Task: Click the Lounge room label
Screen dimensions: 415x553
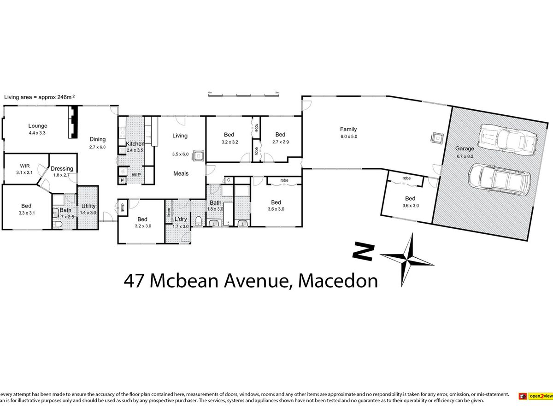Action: [x=38, y=125]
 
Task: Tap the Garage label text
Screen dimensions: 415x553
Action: [x=464, y=148]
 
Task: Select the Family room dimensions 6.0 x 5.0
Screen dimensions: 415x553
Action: [x=348, y=136]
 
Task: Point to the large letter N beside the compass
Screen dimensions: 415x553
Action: [x=363, y=252]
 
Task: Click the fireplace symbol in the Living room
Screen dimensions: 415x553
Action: [x=198, y=155]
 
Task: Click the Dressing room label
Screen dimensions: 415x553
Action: [x=62, y=169]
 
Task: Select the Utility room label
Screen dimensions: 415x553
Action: [x=88, y=206]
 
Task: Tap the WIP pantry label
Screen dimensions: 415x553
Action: [x=136, y=175]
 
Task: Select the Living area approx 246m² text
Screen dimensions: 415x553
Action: [x=39, y=97]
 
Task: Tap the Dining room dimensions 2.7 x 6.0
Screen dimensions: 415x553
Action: [x=98, y=147]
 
